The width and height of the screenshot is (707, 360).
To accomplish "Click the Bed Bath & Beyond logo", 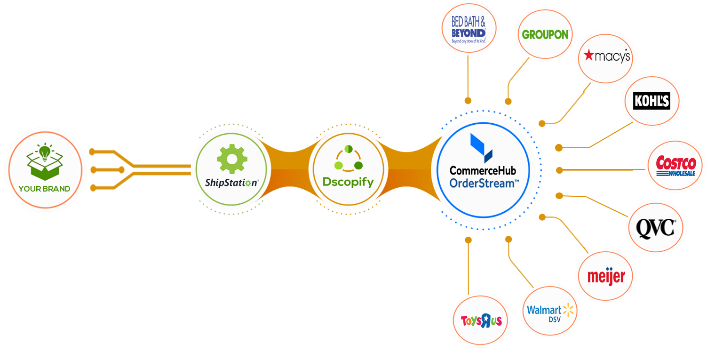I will pos(468,30).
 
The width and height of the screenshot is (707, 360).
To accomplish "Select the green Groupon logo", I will pos(545,35).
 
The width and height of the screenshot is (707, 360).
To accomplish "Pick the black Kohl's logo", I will pos(651,101).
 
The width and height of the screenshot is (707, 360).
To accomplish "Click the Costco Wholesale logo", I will pos(675,166).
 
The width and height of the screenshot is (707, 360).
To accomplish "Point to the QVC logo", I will pos(655,228).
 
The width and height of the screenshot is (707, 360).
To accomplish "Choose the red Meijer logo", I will pos(606,276).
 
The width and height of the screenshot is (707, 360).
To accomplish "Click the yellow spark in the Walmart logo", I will pos(569,310).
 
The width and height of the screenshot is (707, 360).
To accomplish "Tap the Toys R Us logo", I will pos(481,321).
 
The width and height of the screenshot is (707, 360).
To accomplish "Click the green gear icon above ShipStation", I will pos(231,159).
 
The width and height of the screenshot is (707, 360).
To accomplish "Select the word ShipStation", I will pos(231,183).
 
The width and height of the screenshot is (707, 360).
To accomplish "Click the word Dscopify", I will pos(348,182).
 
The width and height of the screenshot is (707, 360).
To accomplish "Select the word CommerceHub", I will pos(483,170).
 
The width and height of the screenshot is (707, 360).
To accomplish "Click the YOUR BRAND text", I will pos(44,189).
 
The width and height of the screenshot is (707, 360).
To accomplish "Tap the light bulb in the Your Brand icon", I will pos(44,152).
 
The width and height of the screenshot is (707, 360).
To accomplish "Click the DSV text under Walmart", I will pos(551,320).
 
